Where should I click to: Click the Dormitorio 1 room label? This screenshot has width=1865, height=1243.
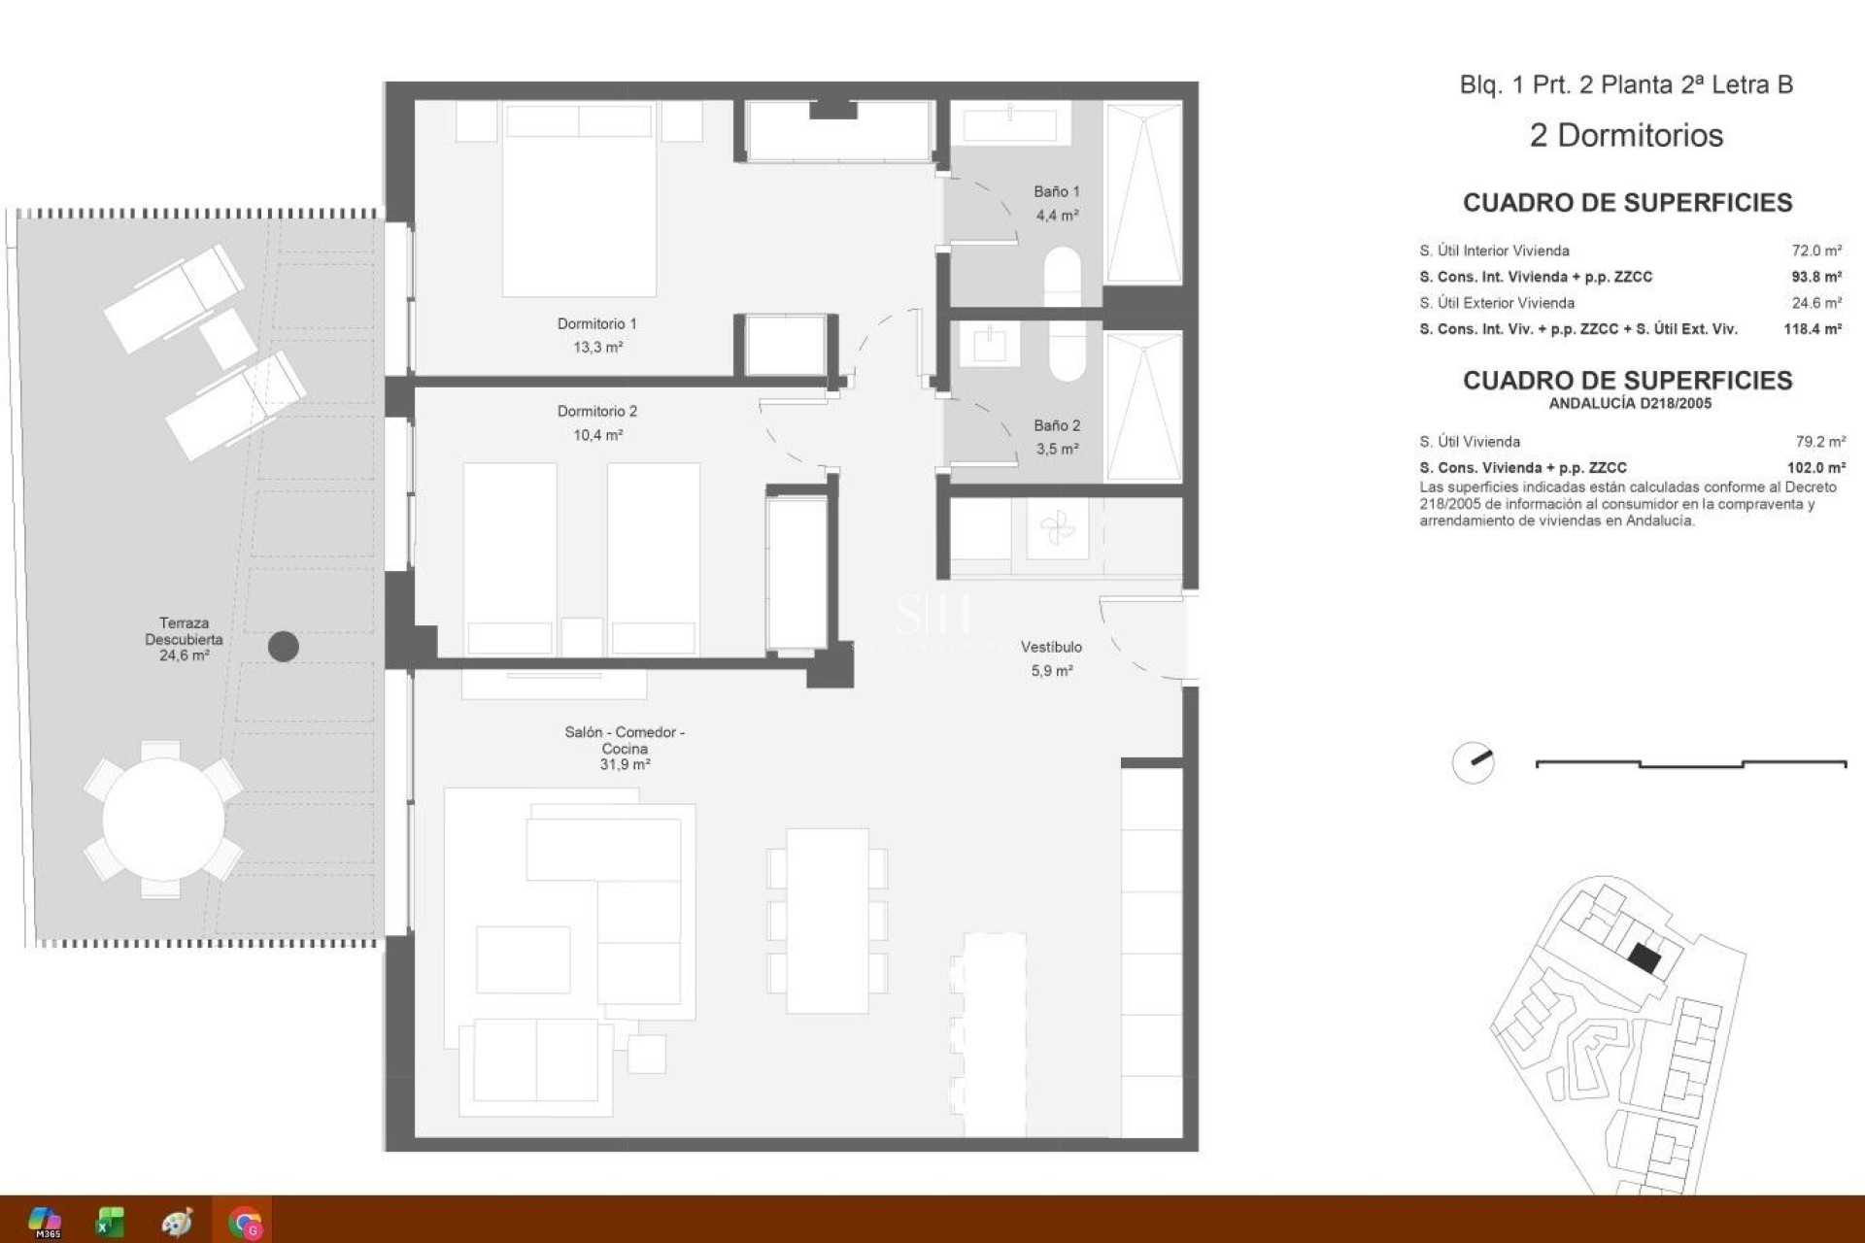click(596, 324)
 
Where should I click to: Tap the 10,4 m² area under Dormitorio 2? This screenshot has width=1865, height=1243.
click(597, 436)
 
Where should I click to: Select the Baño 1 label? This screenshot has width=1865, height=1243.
click(1056, 192)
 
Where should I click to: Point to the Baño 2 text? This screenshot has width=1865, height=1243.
click(1056, 426)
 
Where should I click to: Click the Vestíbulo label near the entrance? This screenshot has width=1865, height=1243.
click(1051, 648)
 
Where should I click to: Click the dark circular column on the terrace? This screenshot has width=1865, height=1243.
click(283, 647)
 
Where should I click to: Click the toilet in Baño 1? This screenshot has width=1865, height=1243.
click(1063, 275)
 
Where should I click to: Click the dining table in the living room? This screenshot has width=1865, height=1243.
click(827, 921)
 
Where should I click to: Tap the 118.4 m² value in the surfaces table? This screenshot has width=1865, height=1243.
click(1812, 329)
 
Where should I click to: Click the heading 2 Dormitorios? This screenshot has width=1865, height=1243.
click(1626, 136)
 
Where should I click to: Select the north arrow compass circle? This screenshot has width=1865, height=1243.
click(1473, 763)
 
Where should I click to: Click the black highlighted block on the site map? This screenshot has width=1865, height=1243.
click(1644, 959)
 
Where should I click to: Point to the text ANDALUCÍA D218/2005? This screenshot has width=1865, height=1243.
click(1629, 404)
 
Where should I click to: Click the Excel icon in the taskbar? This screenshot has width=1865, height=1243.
click(110, 1222)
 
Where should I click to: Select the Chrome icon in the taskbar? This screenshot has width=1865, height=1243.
click(245, 1222)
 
